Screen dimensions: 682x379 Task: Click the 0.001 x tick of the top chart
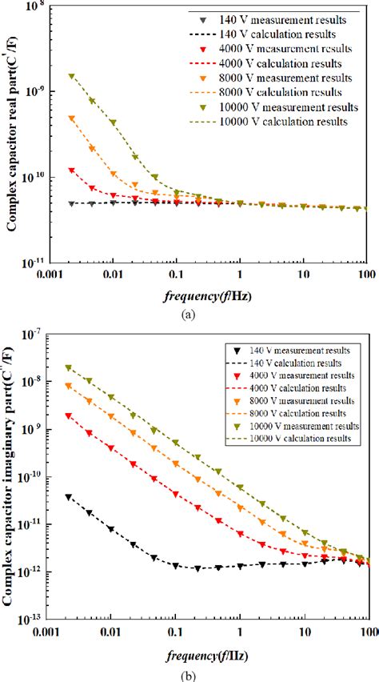coord(50,276)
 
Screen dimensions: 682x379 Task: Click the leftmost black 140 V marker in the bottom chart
coord(69,497)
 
